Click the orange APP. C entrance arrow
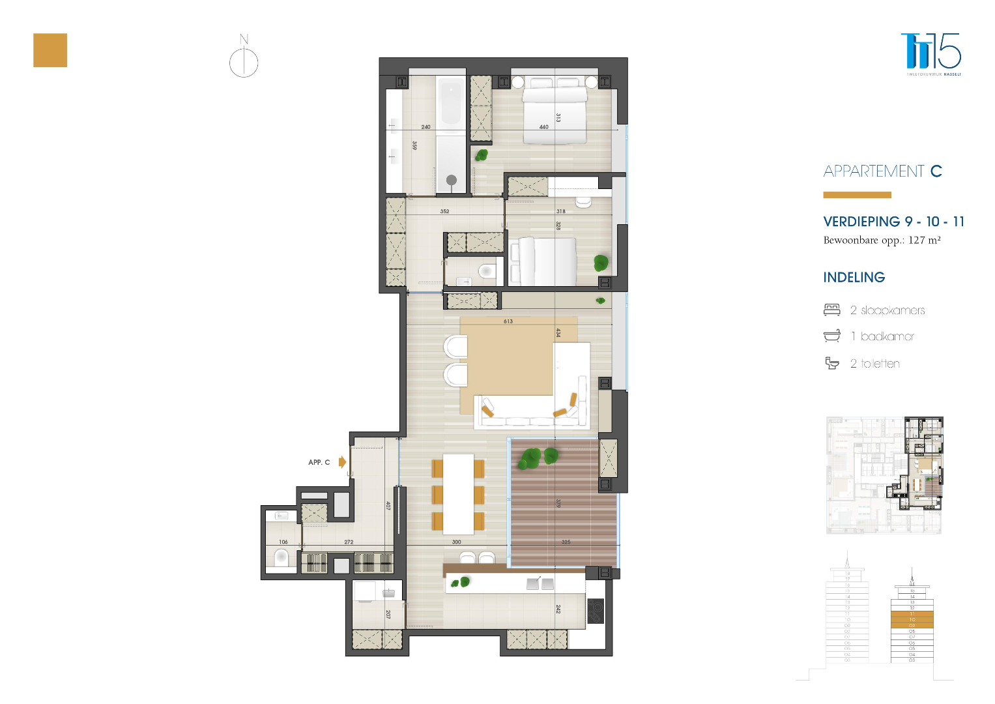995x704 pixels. tap(342, 462)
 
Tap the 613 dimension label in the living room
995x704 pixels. tap(508, 321)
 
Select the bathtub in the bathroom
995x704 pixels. tap(451, 106)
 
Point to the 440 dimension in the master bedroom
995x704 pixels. tap(543, 127)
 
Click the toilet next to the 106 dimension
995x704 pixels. tap(281, 558)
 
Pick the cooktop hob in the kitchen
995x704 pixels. tap(596, 611)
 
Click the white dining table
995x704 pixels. tap(459, 493)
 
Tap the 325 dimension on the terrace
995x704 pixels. tap(566, 542)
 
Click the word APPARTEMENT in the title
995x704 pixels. tap(873, 171)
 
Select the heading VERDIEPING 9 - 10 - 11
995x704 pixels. tap(893, 222)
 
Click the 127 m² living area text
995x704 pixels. tap(924, 240)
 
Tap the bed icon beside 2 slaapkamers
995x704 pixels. tap(832, 310)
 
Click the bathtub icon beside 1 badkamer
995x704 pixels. tap(832, 336)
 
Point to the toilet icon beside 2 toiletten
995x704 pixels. tap(832, 363)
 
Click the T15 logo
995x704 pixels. tap(931, 51)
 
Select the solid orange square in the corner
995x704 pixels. tap(50, 50)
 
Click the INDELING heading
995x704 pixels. tap(854, 278)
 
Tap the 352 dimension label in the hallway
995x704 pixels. tap(444, 211)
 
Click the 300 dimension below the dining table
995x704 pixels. tap(456, 542)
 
